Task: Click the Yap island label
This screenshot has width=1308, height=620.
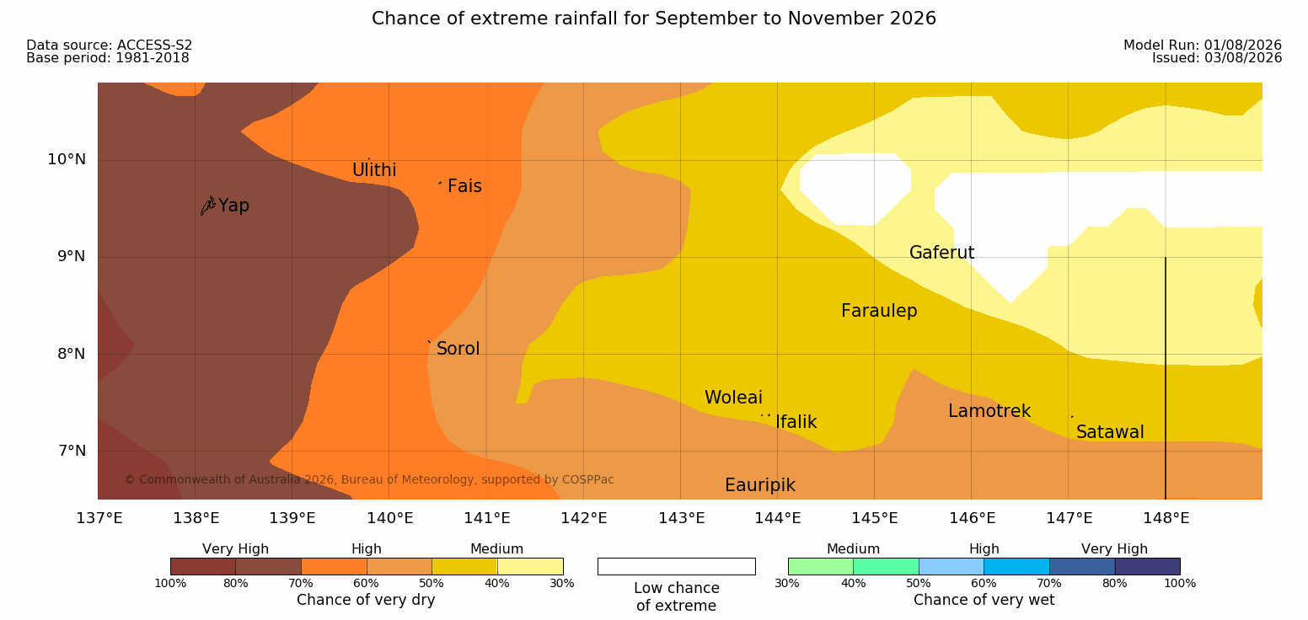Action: coord(233,206)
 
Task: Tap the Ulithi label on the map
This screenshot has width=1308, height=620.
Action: coord(374,170)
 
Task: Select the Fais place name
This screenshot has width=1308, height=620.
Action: coord(465,186)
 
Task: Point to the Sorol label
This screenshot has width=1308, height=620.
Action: coord(458,349)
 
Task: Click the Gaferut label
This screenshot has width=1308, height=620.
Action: coord(942,253)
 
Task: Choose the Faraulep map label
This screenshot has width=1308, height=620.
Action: coord(879,311)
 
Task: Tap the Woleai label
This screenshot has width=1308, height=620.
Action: coord(733,398)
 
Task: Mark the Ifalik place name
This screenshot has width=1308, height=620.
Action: coord(796,422)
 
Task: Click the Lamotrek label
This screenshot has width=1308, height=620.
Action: coord(989,411)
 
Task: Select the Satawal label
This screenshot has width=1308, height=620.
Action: coord(1110,432)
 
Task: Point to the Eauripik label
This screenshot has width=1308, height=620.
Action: coord(760,485)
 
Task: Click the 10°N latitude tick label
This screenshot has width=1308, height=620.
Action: coord(67,159)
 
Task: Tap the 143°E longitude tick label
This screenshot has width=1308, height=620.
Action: coord(682,518)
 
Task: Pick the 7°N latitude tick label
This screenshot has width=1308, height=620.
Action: coord(72,451)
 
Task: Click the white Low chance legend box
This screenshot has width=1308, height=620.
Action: coord(676,566)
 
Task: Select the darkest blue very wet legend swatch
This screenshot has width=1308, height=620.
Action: coord(1147,566)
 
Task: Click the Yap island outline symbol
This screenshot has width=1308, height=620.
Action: coord(208,206)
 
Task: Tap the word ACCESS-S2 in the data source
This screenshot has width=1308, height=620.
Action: coord(155,45)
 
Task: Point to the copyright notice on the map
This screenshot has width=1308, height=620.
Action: coord(369,480)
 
